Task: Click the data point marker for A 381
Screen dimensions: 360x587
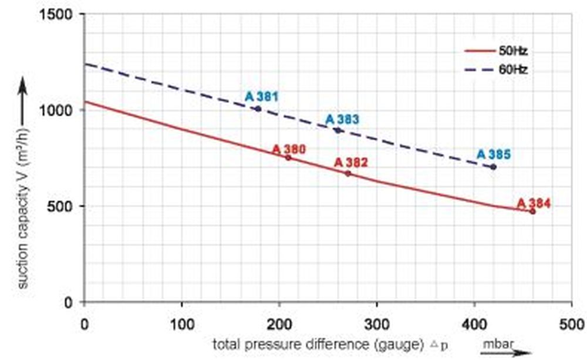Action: [x=258, y=109]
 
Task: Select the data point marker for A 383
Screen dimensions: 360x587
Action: [x=338, y=130]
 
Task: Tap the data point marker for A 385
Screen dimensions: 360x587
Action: [x=493, y=167]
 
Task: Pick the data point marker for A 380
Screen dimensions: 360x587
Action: [x=288, y=157]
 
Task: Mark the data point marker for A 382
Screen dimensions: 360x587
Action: [x=348, y=173]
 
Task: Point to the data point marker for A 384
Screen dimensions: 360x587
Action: [x=532, y=211]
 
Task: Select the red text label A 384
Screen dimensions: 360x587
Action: [x=534, y=203]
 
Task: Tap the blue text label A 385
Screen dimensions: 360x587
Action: [x=493, y=154]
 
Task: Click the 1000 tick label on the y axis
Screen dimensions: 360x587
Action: [x=58, y=110]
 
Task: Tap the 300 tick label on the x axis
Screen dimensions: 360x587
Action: [x=376, y=322]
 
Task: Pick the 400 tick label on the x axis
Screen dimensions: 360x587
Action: [x=474, y=322]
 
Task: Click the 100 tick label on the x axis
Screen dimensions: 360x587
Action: [x=182, y=322]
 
